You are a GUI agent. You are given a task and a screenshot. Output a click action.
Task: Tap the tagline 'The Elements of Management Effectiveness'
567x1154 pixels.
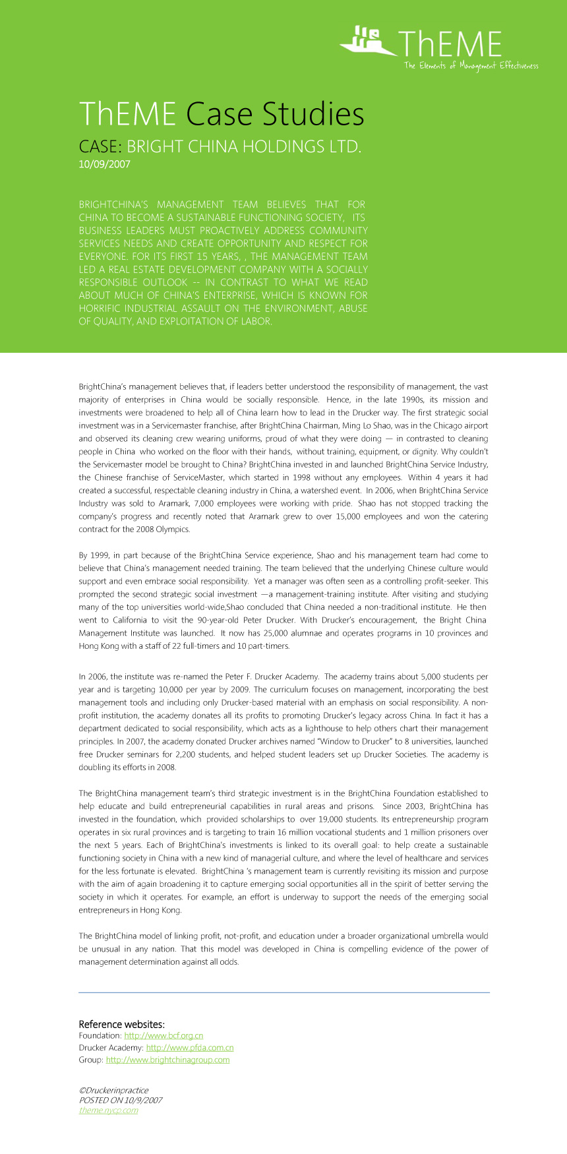(x=471, y=65)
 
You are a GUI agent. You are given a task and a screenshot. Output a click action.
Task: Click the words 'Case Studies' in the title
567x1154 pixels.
(x=275, y=114)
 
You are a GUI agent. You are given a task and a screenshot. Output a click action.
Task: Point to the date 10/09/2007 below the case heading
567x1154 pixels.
(x=104, y=164)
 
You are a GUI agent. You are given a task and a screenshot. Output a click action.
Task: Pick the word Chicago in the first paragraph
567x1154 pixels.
(x=434, y=426)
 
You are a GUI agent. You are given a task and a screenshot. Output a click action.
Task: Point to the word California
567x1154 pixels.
(x=127, y=620)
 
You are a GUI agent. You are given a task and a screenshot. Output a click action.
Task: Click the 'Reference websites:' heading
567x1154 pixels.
(x=121, y=1024)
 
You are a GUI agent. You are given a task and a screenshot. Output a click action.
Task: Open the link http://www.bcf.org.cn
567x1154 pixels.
(x=164, y=1036)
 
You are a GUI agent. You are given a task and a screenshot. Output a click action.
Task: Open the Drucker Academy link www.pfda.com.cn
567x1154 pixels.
(x=190, y=1048)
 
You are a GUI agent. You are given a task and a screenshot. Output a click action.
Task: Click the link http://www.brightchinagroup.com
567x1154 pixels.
(x=167, y=1060)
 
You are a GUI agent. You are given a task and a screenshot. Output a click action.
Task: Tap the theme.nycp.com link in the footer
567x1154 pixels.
(x=108, y=1110)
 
